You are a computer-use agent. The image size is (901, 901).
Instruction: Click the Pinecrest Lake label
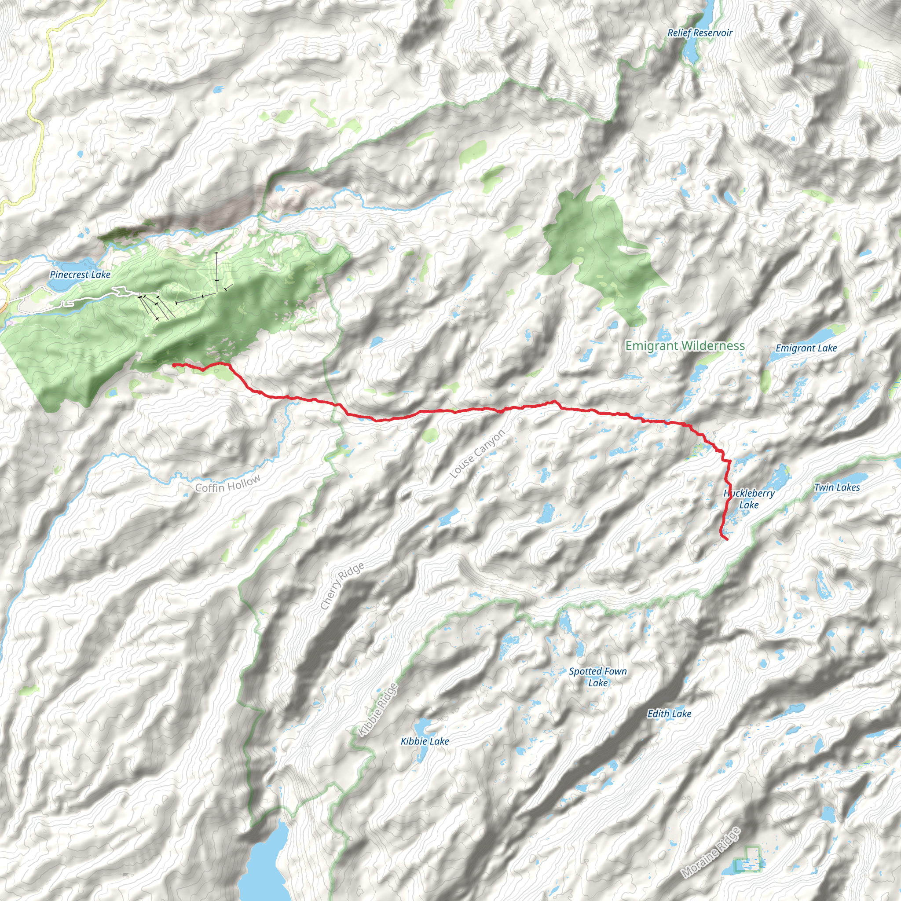[80, 275]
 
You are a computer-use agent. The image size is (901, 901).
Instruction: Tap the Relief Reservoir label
[700, 33]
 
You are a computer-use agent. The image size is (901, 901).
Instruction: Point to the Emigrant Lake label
[806, 348]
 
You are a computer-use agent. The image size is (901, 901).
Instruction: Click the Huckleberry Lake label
[749, 498]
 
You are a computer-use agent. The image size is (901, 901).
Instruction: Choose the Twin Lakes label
[837, 487]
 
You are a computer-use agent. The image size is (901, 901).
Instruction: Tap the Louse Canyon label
[477, 454]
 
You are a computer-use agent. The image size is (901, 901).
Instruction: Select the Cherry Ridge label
[342, 586]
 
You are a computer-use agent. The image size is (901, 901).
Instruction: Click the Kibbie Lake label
[425, 741]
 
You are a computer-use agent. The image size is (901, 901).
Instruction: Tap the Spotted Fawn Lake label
[598, 677]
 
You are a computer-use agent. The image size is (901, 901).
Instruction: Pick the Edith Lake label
[669, 714]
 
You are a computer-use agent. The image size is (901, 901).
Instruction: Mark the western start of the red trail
[174, 365]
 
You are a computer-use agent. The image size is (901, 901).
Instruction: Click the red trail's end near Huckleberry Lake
[727, 539]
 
